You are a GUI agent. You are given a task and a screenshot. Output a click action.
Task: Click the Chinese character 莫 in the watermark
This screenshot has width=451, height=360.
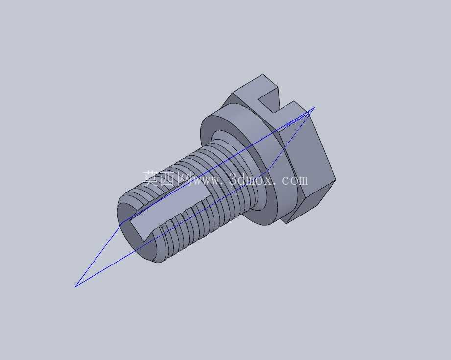pos(151,178)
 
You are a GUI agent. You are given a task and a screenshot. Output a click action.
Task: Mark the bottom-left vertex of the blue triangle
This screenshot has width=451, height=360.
pos(75,287)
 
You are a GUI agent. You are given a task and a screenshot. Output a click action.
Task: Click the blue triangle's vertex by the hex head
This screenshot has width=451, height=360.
pos(315,108)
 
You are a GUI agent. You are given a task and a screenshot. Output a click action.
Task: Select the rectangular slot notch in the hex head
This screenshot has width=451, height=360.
pos(269,99)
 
